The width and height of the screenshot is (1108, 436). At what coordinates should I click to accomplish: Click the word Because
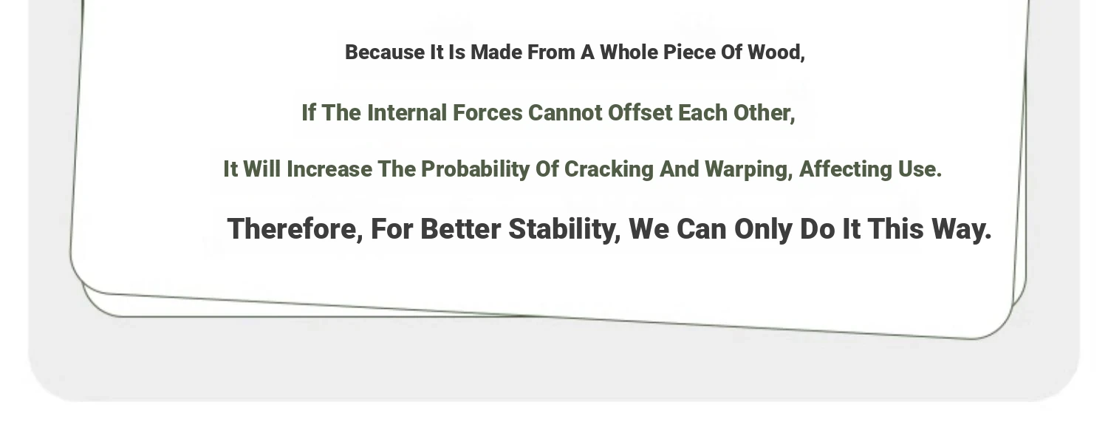(385, 52)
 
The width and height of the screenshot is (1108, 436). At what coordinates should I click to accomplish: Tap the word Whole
(629, 52)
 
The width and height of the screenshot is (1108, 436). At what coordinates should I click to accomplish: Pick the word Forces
(488, 113)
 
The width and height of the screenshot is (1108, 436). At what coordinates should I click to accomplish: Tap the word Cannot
(565, 113)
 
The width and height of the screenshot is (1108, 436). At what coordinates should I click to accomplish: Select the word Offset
(640, 113)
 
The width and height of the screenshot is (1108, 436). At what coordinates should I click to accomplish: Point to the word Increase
(329, 169)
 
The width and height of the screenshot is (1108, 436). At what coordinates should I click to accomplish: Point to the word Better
(460, 229)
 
